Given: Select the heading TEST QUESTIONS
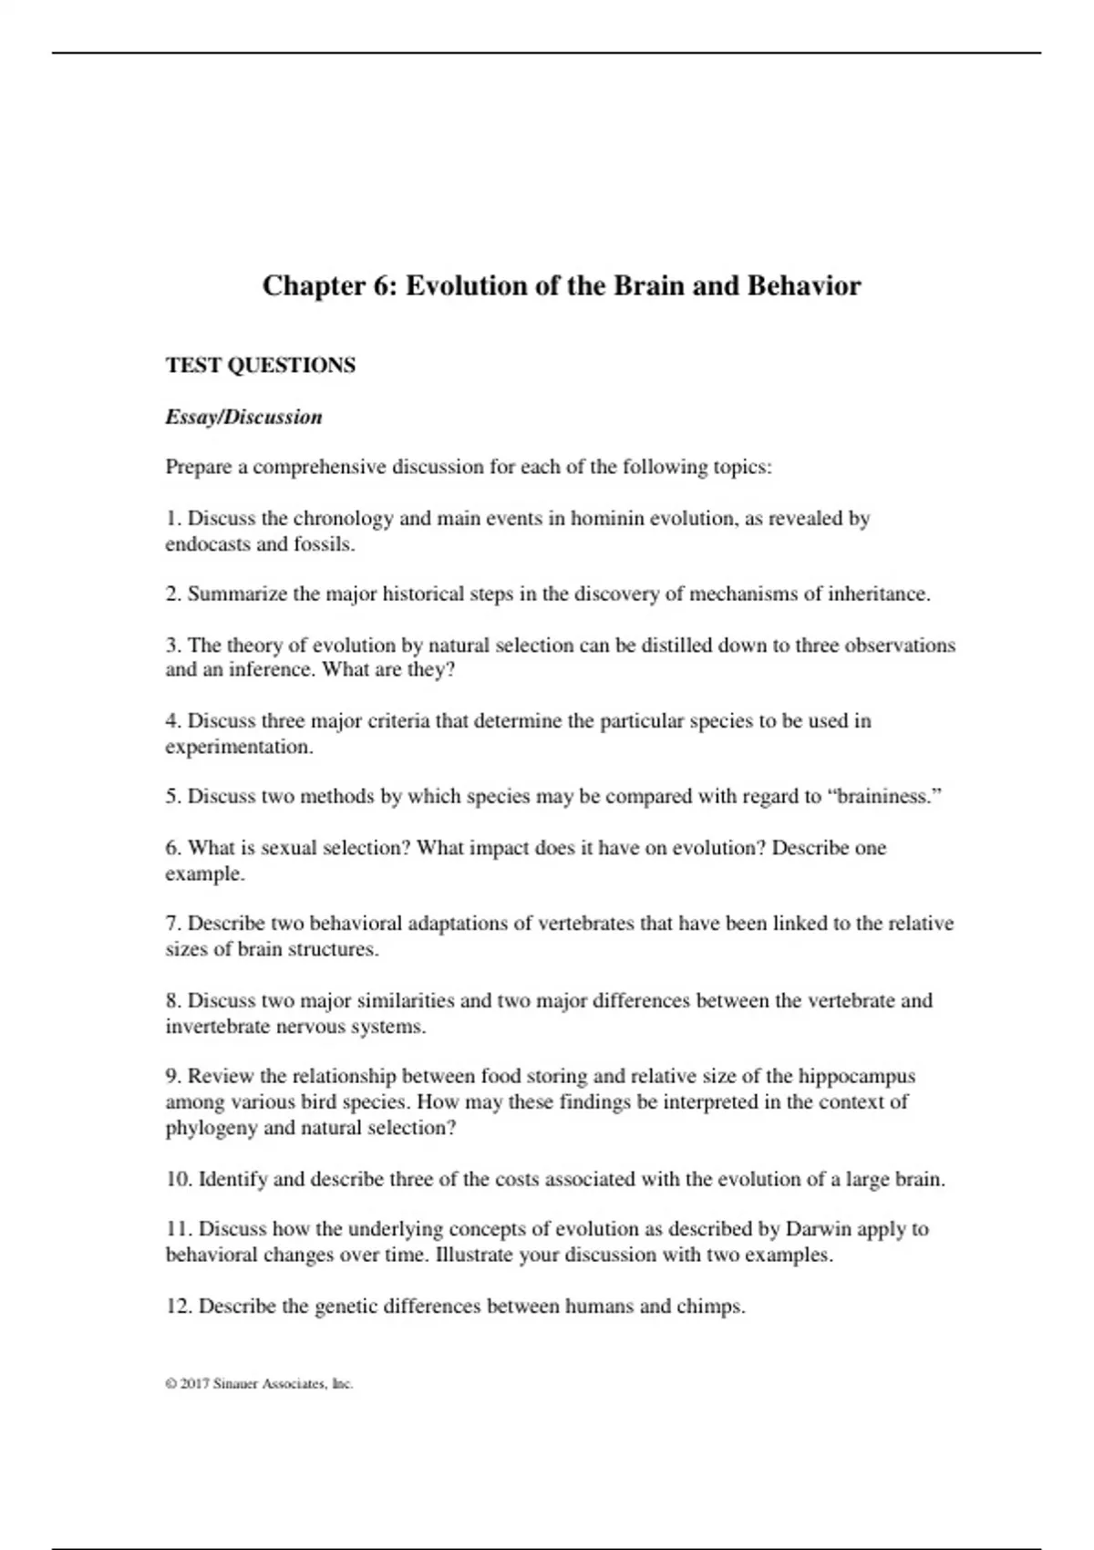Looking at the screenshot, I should coord(261,366).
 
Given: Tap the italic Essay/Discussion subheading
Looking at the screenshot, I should coord(243,418).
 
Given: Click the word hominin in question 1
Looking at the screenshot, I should coord(606,519).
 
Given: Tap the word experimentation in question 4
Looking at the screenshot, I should coord(237,747).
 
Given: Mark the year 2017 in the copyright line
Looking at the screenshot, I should coord(194,1384).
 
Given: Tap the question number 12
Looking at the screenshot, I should coord(179,1307).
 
